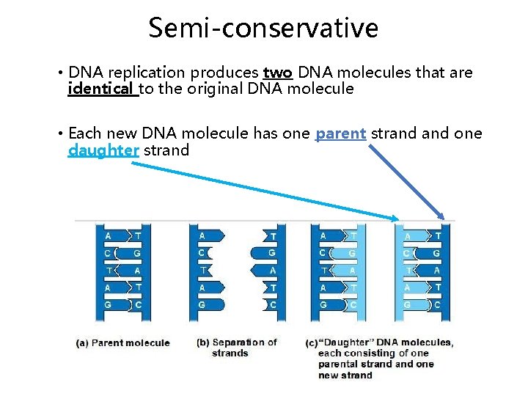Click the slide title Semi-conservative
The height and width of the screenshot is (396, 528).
tap(263, 28)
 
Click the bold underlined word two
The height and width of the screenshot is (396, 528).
tap(277, 73)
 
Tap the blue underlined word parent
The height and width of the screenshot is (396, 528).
tap(340, 133)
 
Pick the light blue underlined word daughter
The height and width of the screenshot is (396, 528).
tap(103, 150)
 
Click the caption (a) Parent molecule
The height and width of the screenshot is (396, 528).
tap(123, 342)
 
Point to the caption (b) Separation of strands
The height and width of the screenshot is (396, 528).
tap(237, 347)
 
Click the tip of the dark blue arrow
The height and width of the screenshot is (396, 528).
tap(443, 218)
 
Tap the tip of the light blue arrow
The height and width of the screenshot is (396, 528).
tap(399, 219)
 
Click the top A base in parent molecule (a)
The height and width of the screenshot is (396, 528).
tap(108, 236)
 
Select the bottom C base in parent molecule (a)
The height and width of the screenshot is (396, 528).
tap(139, 304)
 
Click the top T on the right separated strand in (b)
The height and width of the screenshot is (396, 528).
tap(273, 236)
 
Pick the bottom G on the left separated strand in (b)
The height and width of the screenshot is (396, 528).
tap(202, 304)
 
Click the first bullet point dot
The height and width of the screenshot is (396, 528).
tap(59, 73)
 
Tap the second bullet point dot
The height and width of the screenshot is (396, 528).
tap(59, 134)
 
